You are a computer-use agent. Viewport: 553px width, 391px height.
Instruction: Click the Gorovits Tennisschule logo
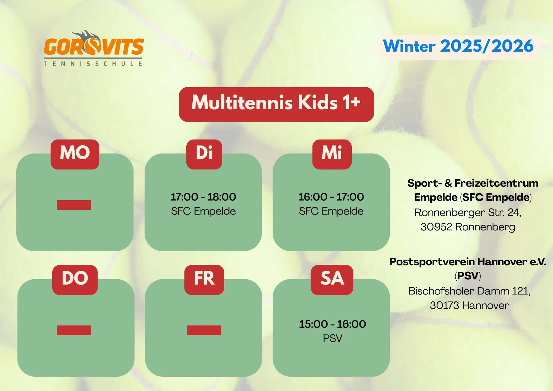94,48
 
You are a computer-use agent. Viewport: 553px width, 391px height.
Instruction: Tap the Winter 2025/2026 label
458,46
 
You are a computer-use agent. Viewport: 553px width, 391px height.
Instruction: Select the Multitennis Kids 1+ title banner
276,104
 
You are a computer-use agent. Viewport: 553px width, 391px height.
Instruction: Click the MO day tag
75,154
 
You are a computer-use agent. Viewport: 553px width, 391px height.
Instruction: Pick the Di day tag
204,154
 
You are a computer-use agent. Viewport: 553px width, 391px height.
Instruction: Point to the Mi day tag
332,154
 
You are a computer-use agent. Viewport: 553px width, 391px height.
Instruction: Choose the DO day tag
75,280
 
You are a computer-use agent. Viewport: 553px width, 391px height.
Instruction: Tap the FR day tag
204,280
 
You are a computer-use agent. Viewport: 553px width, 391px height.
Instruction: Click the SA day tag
332,280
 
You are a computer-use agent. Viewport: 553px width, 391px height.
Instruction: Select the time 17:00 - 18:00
203,197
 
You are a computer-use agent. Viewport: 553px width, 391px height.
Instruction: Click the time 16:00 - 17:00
331,197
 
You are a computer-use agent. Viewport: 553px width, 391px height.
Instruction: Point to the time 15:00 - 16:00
332,324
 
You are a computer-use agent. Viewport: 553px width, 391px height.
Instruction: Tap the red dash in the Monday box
74,205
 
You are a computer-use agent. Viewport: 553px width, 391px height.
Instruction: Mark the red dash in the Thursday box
74,330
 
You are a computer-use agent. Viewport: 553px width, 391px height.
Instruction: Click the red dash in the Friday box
204,330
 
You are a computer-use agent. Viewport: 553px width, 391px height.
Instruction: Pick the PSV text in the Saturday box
332,338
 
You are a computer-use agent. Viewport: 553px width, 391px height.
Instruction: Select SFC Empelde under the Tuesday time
203,211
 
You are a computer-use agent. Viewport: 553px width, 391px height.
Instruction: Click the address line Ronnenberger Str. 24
468,213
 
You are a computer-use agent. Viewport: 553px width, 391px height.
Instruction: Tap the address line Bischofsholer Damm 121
469,291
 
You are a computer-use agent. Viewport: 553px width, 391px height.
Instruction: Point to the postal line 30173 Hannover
469,305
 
